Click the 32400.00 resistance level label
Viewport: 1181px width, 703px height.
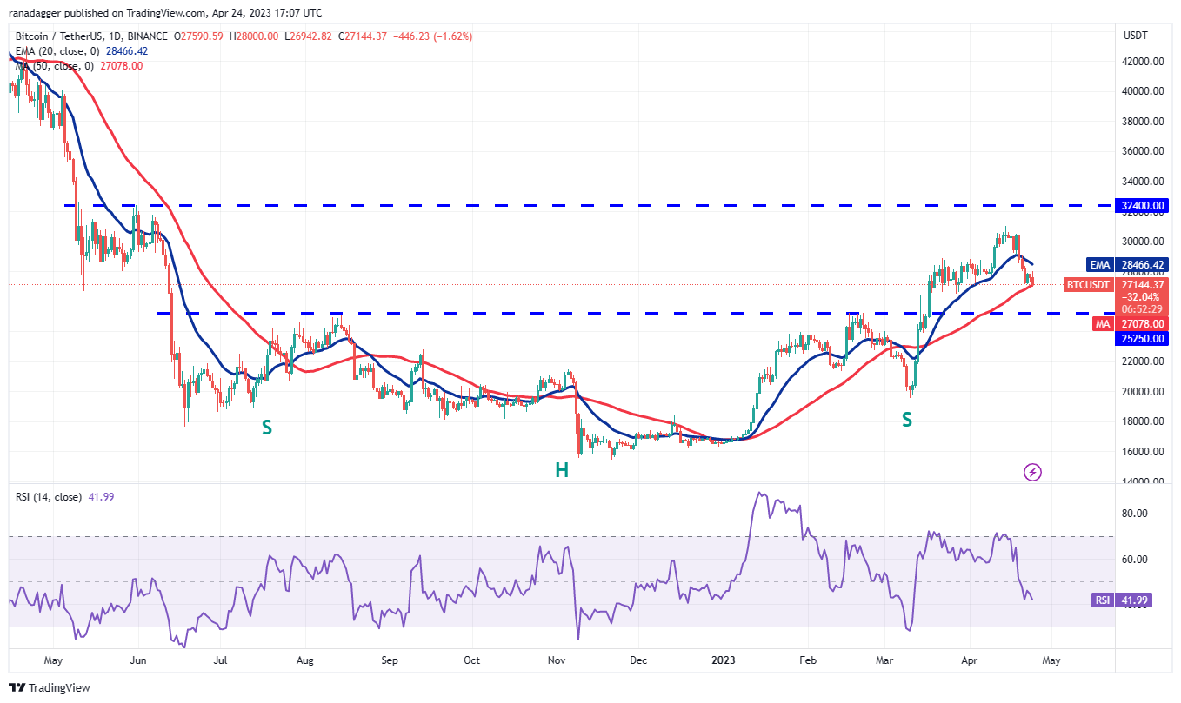pos(1143,206)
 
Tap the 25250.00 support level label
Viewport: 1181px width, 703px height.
pos(1143,339)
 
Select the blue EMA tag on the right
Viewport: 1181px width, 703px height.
pos(1099,265)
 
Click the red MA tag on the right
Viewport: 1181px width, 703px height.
pos(1103,323)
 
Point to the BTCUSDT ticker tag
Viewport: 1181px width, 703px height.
pos(1088,284)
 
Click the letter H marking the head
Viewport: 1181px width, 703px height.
pos(563,470)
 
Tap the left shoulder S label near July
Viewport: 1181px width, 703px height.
pos(267,427)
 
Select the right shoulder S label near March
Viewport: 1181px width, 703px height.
pos(907,420)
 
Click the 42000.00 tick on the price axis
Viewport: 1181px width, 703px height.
pos(1143,61)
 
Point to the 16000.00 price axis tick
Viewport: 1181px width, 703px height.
pos(1143,451)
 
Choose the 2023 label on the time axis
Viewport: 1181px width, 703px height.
pos(724,661)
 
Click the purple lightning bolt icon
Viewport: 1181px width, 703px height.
pos(1033,472)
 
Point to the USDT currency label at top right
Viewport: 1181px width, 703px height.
pos(1136,36)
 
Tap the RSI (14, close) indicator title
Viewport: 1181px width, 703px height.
pos(49,497)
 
